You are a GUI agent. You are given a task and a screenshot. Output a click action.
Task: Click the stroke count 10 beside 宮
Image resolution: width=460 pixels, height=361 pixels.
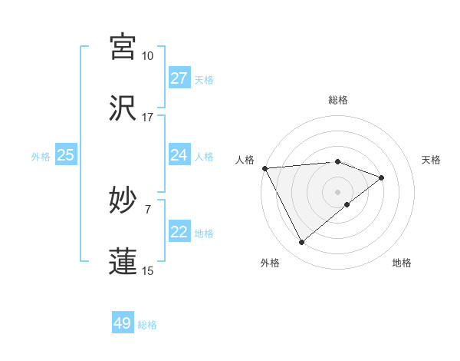pos(147,56)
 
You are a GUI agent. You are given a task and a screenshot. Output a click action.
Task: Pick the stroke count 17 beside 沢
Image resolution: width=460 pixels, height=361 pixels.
pos(147,118)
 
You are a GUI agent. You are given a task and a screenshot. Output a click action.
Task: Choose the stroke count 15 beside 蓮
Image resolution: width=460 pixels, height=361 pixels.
pos(147,270)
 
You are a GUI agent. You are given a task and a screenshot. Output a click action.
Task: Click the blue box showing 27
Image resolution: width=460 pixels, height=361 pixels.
pos(179,78)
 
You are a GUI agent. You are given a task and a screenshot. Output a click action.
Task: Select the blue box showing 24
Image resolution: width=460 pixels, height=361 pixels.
pos(179,155)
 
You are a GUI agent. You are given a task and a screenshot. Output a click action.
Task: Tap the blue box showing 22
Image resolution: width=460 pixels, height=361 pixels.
pos(179,232)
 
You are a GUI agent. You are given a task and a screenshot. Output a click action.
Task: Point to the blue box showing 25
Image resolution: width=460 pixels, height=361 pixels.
pos(65,155)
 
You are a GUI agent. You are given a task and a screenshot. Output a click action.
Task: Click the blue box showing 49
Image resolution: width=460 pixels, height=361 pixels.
pos(123,323)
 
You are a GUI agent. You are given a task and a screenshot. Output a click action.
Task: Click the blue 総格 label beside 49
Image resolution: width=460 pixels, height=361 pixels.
pos(147,325)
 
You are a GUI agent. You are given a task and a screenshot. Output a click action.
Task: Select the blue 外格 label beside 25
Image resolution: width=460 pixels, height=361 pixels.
pos(41,157)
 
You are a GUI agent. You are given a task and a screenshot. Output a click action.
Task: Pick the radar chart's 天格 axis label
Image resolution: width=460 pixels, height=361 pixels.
pos(432,159)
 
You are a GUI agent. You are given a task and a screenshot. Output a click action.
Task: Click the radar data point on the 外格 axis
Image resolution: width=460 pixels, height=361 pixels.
pos(301,243)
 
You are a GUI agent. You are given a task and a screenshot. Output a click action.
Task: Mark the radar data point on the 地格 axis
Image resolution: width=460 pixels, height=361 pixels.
pos(347,204)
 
